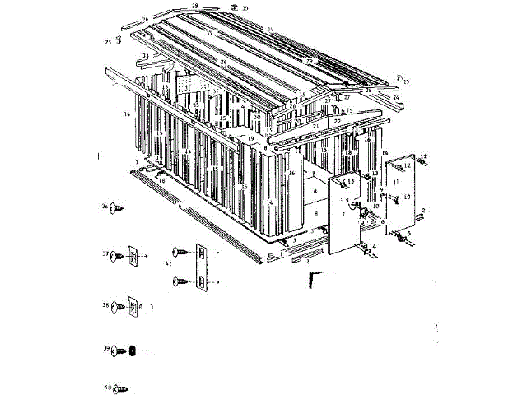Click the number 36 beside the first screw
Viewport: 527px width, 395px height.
coord(105,207)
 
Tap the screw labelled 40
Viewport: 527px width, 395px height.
coord(120,387)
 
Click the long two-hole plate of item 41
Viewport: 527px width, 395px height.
coord(203,267)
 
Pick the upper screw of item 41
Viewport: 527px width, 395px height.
coord(179,252)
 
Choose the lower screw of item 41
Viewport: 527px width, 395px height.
coord(179,282)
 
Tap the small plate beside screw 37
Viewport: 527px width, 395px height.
coord(132,255)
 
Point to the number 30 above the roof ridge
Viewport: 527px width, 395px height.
coord(245,8)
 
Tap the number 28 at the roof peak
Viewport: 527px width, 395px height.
coord(195,6)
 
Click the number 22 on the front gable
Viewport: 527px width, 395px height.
coord(338,120)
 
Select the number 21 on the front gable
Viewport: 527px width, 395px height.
coord(315,126)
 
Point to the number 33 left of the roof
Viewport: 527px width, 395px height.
coord(145,56)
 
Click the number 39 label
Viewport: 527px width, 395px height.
coord(105,349)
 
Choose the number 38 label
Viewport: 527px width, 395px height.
coord(105,306)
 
